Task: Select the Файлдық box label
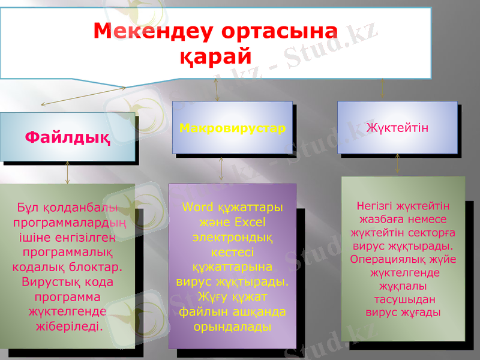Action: pyautogui.click(x=67, y=137)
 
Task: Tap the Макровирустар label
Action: pyautogui.click(x=232, y=128)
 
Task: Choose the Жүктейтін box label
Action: pyautogui.click(x=397, y=128)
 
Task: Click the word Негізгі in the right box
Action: pyautogui.click(x=377, y=206)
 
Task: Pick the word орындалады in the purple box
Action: pyautogui.click(x=232, y=326)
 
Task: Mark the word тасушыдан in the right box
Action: pyautogui.click(x=403, y=299)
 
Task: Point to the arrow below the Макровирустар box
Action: pyautogui.click(x=222, y=169)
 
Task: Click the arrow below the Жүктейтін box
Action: pyautogui.click(x=397, y=163)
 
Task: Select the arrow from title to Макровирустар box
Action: pyautogui.click(x=217, y=89)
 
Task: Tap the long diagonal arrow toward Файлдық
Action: pyautogui.click(x=83, y=97)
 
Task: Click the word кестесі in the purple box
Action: pyautogui.click(x=232, y=253)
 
